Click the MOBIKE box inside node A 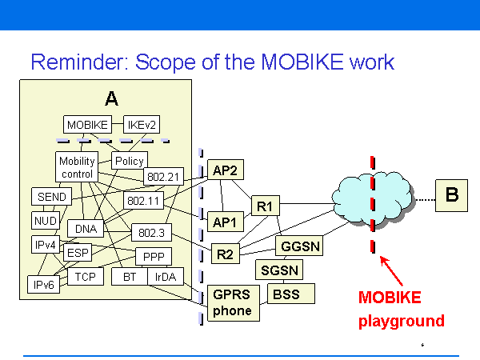tap(88, 125)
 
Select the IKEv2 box tap(143, 125)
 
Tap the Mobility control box tap(77, 167)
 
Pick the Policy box tap(129, 161)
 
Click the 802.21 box tap(165, 176)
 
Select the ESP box tap(78, 253)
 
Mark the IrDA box tap(166, 278)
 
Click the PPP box tap(153, 257)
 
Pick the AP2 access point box tap(225, 170)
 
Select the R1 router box tap(265, 206)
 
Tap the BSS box tap(286, 294)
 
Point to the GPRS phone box tap(232, 303)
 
